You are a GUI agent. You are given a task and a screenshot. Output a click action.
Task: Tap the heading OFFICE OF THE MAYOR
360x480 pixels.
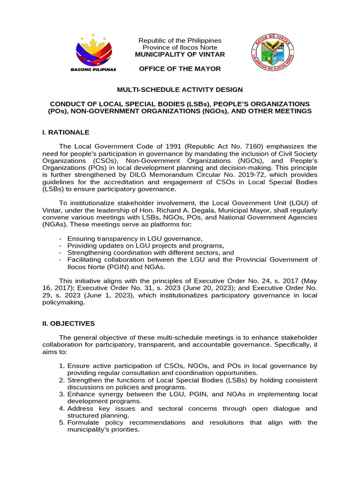pos(180,69)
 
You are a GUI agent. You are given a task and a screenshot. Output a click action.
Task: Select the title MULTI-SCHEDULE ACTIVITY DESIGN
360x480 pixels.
pos(180,89)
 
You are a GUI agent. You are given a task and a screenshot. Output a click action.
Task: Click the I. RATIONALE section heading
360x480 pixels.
pos(66,133)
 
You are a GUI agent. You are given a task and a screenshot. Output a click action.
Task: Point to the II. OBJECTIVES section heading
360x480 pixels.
pos(68,323)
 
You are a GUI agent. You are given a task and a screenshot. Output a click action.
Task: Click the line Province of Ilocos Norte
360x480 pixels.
pos(180,47)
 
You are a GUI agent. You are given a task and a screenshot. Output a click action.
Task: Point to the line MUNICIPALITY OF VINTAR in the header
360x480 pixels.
pos(180,54)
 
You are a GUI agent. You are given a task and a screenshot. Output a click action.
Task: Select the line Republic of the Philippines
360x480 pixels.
pos(180,41)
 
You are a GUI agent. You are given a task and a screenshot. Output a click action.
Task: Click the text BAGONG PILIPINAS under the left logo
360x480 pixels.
pos(93,69)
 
